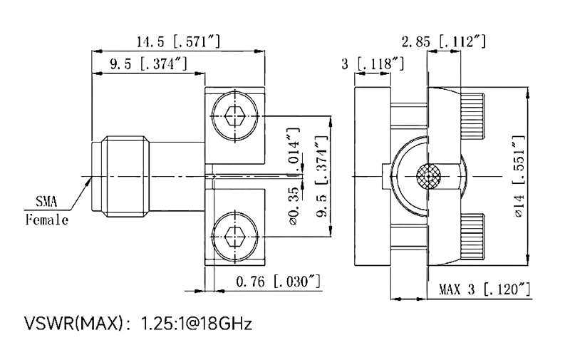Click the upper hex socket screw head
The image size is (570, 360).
click(x=235, y=114)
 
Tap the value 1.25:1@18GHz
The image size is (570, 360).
click(x=197, y=325)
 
